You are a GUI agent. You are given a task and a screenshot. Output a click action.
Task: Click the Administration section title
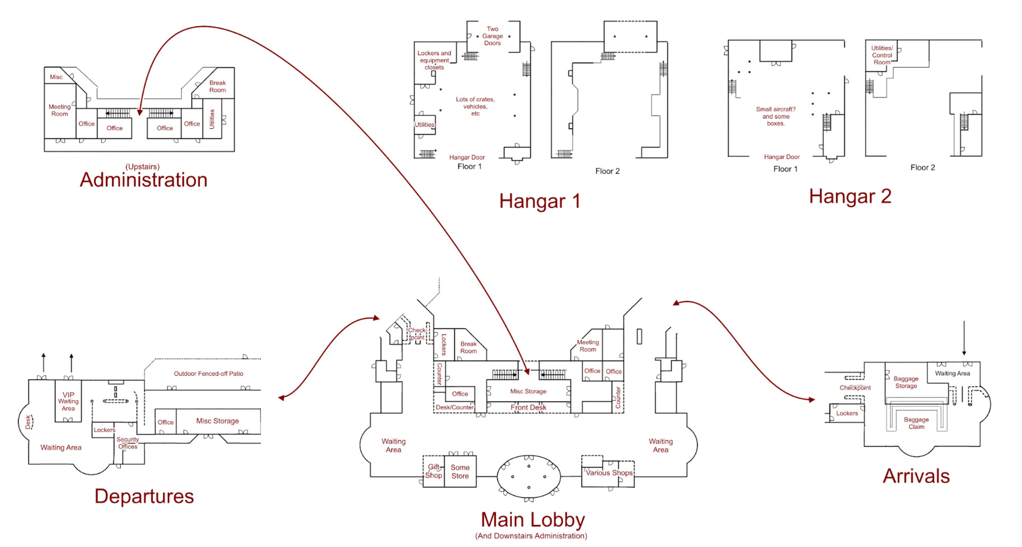(x=144, y=180)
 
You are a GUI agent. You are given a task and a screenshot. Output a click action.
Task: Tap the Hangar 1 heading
(x=539, y=201)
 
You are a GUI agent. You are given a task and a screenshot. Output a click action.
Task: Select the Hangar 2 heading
(x=850, y=196)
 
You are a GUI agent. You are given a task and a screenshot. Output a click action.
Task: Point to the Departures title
(x=144, y=496)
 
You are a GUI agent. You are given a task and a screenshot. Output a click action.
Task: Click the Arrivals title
(x=916, y=476)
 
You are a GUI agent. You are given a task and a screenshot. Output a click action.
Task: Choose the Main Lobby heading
(x=533, y=519)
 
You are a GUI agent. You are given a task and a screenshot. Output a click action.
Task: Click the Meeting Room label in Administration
(x=60, y=110)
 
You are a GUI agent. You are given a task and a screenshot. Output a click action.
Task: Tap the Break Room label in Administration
(x=217, y=86)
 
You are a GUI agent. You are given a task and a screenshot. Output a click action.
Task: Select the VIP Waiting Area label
(x=68, y=402)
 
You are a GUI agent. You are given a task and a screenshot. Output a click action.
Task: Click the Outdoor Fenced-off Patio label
(x=209, y=374)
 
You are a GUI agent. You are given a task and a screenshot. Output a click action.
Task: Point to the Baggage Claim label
(x=916, y=423)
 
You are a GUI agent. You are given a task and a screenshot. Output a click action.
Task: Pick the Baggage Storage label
(x=906, y=382)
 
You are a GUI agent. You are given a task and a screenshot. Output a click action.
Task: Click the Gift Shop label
(x=434, y=471)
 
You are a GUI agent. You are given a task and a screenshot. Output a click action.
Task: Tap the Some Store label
(x=460, y=471)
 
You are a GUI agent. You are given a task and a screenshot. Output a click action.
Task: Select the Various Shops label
(x=609, y=473)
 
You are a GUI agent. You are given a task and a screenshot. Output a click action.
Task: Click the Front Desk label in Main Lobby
(x=529, y=408)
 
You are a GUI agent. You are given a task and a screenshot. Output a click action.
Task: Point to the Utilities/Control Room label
(x=882, y=55)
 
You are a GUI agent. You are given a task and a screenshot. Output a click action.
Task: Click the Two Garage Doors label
(x=492, y=36)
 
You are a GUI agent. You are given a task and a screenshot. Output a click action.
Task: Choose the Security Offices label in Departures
(x=128, y=443)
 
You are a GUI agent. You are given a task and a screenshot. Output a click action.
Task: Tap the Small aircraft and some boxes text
(x=776, y=116)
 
